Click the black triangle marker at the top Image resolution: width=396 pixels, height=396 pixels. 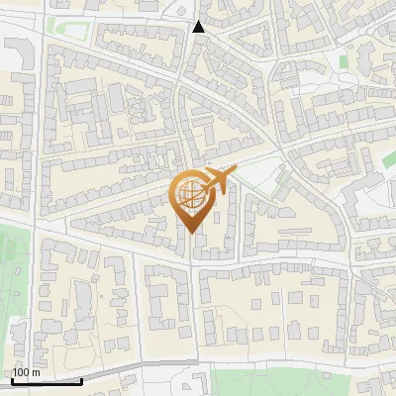[x=198, y=27]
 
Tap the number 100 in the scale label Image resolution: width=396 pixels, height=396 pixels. [x=21, y=372]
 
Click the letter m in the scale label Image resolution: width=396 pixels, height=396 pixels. [x=37, y=372]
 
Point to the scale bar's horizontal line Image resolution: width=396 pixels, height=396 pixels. [x=46, y=381]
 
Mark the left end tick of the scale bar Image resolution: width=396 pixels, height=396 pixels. [x=11, y=379]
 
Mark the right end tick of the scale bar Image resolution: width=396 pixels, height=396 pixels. [x=81, y=379]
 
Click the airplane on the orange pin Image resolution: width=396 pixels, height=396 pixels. [x=216, y=181]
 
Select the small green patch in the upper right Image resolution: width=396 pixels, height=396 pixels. [x=345, y=61]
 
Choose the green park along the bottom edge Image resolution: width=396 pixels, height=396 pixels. [x=297, y=381]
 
